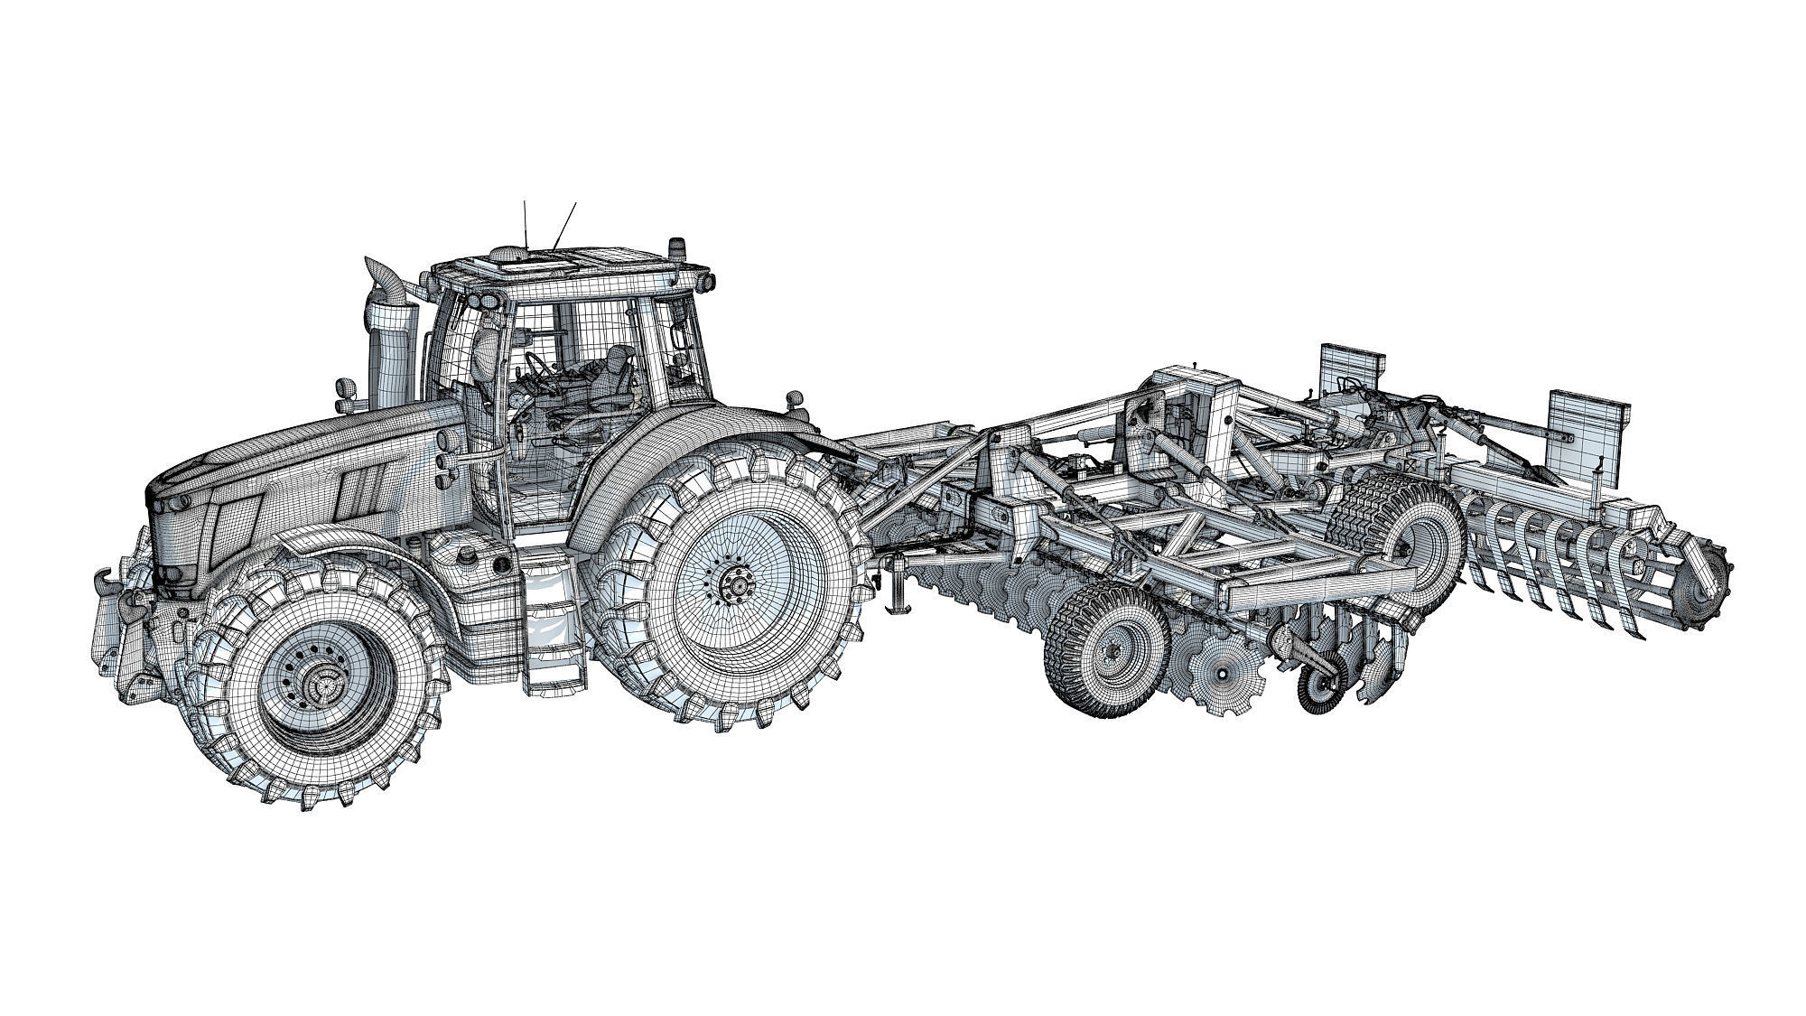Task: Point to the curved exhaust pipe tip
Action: point(373,270)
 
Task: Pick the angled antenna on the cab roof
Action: point(565,226)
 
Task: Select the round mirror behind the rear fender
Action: point(796,398)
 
